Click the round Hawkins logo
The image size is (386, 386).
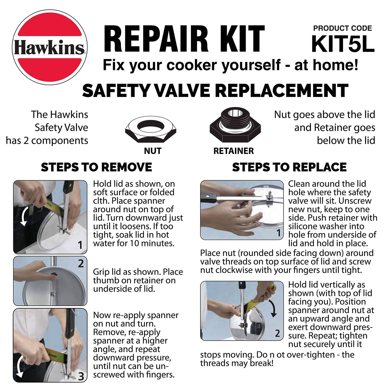50,47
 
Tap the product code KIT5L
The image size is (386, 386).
343,44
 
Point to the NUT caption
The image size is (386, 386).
153,151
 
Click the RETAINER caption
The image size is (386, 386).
233,151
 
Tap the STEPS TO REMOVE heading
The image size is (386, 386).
96,167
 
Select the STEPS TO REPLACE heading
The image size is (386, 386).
289,167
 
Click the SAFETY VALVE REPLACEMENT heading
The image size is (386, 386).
215,91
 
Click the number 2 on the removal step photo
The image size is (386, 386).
81,264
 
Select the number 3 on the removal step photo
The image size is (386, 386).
81,377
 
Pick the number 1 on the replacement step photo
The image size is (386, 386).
279,233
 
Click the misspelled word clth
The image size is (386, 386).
101,201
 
